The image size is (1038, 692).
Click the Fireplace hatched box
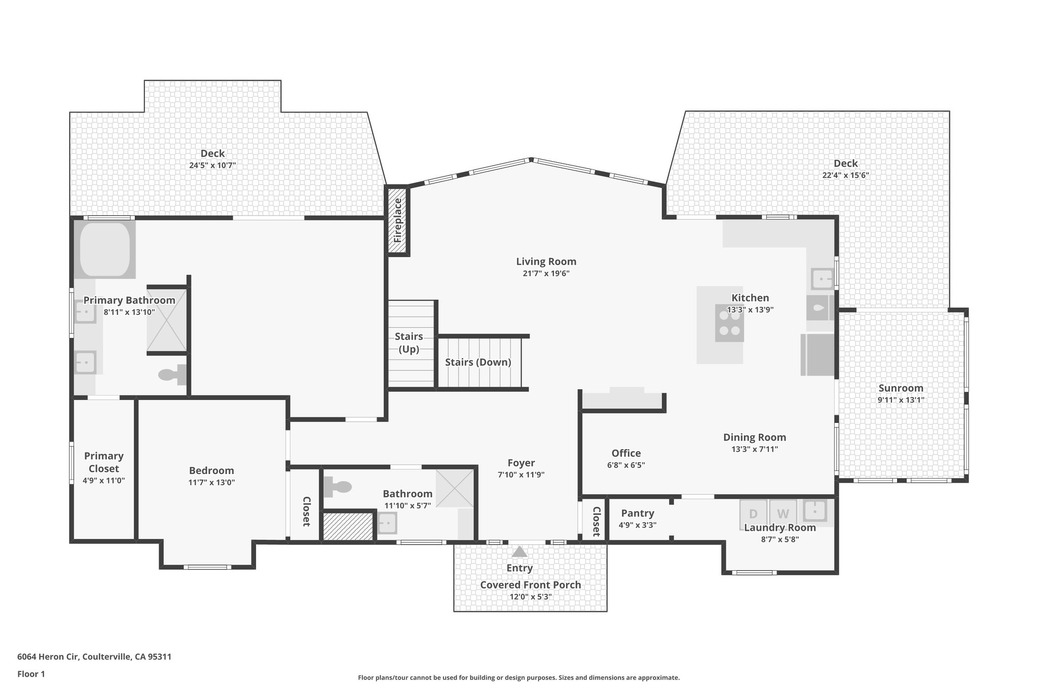click(x=397, y=221)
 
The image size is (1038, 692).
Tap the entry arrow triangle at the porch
click(x=519, y=552)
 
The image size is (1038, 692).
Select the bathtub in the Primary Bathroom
click(x=105, y=249)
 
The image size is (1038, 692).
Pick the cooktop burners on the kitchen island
click(x=729, y=323)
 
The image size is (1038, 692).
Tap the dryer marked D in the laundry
click(x=753, y=514)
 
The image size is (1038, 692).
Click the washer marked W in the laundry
click(x=783, y=514)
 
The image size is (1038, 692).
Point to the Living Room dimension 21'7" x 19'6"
click(x=546, y=274)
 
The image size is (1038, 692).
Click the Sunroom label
click(x=901, y=388)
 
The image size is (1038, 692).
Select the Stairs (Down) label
click(x=478, y=362)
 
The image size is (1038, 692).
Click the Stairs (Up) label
click(x=409, y=343)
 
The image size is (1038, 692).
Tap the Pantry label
click(x=638, y=513)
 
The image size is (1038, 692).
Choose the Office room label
click(x=626, y=453)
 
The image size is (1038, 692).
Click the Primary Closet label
click(x=104, y=462)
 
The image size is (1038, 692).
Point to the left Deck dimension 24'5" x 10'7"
click(x=212, y=165)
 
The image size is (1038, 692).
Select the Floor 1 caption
click(x=31, y=674)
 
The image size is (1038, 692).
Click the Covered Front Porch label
click(x=530, y=585)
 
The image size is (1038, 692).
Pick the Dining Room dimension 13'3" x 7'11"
click(x=754, y=449)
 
